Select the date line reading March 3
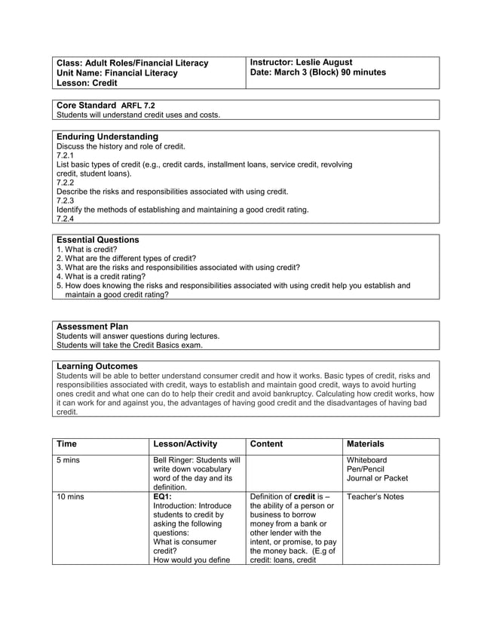coord(317,72)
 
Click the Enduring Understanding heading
coord(108,137)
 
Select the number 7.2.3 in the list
coord(65,201)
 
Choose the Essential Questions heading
coord(98,240)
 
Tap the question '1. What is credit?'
coord(87,249)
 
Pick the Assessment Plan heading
coord(92,327)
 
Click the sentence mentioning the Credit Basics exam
coord(130,345)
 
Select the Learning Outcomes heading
coord(97,366)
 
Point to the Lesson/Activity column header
coord(185,444)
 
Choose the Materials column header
coord(365,444)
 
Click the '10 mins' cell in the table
coord(71,496)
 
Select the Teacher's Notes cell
coord(375,496)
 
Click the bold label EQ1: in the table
coord(162,496)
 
